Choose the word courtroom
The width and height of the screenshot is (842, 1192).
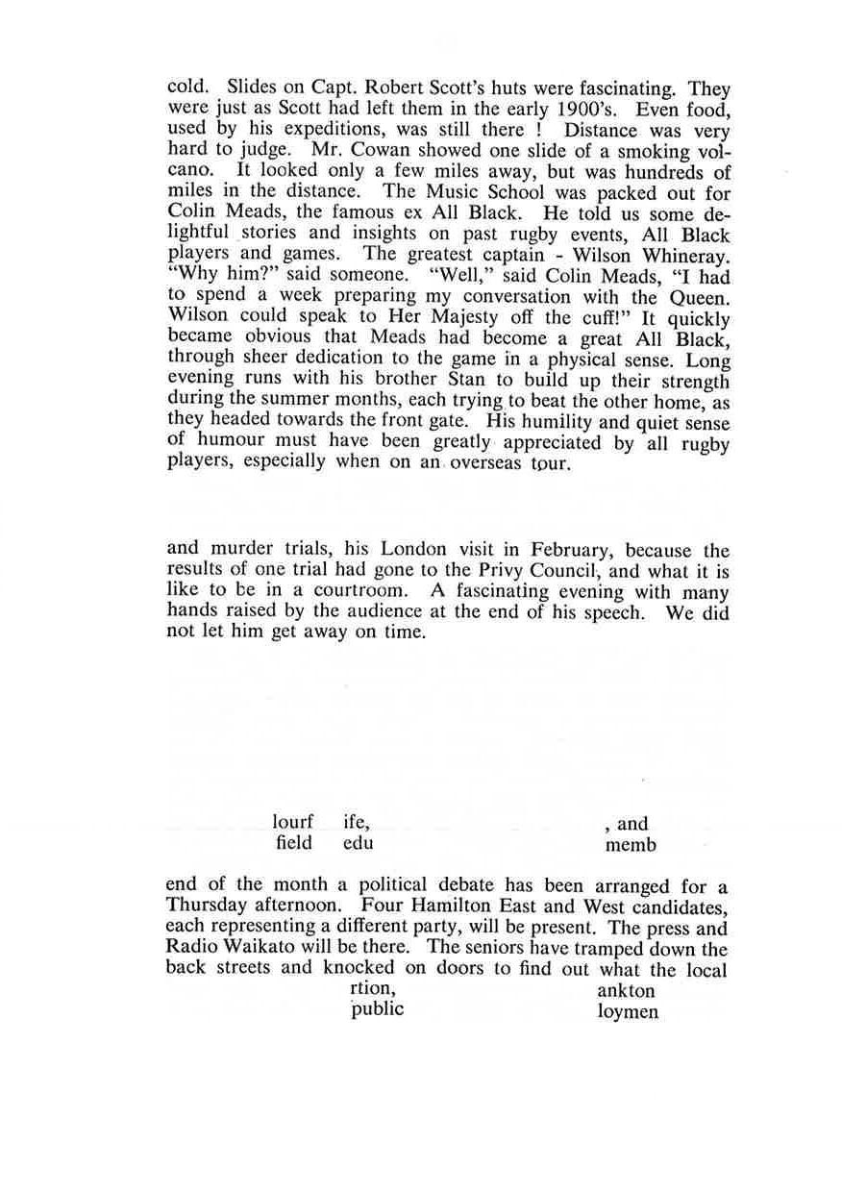(370, 592)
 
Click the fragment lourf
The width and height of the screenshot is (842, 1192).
(293, 824)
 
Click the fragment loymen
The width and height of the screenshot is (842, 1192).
(628, 1011)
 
